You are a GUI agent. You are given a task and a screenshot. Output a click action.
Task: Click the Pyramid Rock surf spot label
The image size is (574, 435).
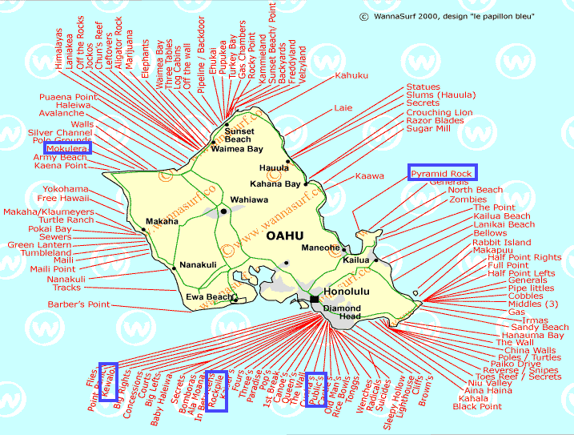442,173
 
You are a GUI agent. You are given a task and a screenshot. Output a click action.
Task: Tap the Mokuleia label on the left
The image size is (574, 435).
67,148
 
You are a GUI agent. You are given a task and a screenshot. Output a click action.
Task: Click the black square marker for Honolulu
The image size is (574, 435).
315,300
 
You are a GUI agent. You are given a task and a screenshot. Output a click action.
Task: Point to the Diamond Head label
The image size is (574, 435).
342,312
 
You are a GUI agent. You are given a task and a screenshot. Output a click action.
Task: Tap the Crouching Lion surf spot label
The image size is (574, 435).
439,113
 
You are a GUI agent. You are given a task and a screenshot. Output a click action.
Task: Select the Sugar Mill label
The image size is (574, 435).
427,128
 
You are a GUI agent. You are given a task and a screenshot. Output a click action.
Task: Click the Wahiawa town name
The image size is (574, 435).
247,199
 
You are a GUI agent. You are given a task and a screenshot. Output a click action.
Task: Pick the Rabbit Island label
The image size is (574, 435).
501,242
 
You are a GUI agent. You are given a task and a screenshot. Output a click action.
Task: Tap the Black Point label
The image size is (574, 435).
477,406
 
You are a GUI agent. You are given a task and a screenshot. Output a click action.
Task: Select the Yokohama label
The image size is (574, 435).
65,190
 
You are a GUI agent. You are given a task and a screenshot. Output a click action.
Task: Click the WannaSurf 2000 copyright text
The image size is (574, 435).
456,15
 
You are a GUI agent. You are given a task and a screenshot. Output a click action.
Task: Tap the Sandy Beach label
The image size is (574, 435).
540,327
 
